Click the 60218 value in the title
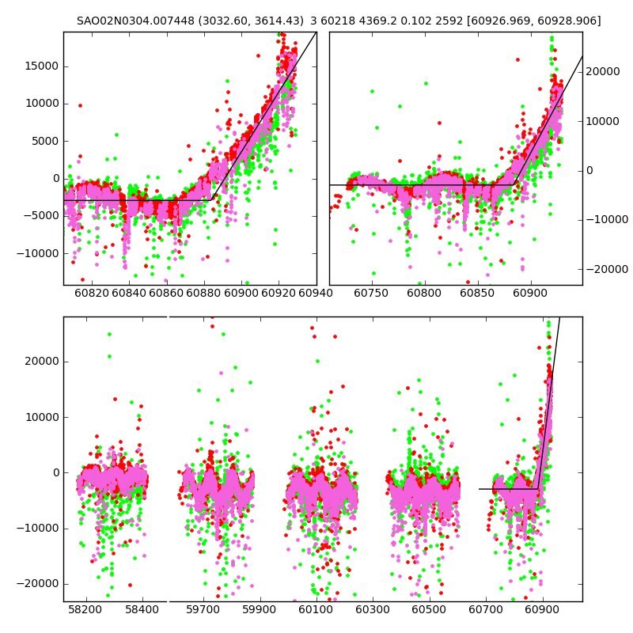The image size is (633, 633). (345, 21)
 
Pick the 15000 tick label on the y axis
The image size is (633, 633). (41, 66)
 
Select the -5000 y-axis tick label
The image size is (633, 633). (43, 216)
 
